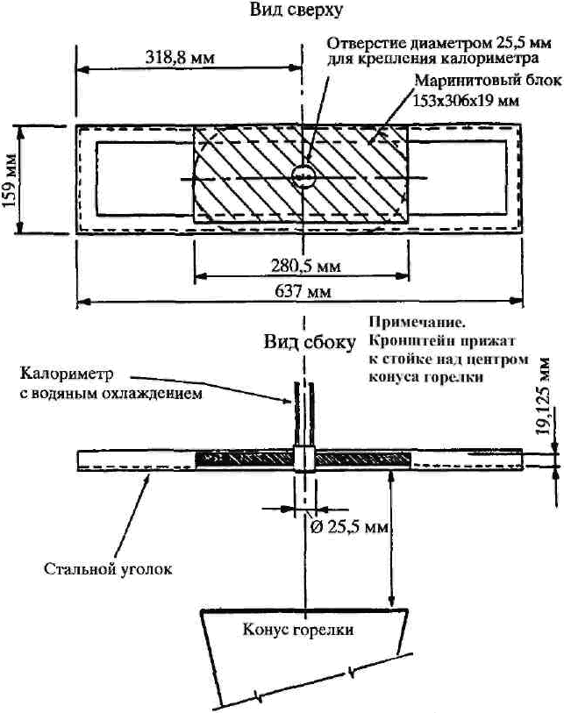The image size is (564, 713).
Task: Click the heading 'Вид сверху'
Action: pos(296,10)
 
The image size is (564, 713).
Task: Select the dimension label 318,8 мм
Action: pos(180,57)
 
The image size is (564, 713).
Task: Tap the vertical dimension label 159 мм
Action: pos(10,181)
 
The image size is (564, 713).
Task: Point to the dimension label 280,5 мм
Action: pos(305,266)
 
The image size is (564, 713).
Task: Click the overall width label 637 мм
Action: pos(303,291)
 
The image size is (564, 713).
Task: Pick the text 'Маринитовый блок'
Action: pos(488,81)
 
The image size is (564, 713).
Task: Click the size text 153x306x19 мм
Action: pos(466,100)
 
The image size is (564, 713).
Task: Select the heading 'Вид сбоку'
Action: pos(310,342)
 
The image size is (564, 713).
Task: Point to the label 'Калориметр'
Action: pos(67,374)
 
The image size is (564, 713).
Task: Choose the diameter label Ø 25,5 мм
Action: pos(349,527)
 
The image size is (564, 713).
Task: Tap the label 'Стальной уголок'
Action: pos(108,569)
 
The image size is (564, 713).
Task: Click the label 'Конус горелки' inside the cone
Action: pos(298,630)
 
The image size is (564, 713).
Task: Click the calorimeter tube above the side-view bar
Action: pos(303,415)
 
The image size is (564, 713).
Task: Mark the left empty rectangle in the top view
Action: pos(145,178)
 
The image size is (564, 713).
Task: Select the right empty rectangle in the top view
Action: pos(457,177)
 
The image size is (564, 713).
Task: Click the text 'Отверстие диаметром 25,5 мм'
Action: pos(439,43)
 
